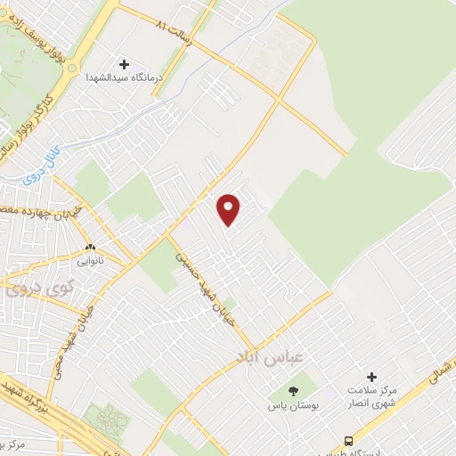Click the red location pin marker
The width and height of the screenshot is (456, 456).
coord(230,209)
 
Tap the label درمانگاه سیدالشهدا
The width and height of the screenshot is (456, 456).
coord(124,78)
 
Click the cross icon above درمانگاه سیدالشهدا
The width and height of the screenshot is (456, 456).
coord(124,64)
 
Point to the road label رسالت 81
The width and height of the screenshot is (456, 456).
coord(173,22)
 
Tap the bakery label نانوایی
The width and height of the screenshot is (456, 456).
coord(89,262)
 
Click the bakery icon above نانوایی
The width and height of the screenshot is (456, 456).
coord(89,248)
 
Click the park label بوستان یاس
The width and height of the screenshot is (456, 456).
coord(293,404)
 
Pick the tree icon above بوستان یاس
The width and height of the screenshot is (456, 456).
coord(293,391)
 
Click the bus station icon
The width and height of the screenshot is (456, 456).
coord(349,440)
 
